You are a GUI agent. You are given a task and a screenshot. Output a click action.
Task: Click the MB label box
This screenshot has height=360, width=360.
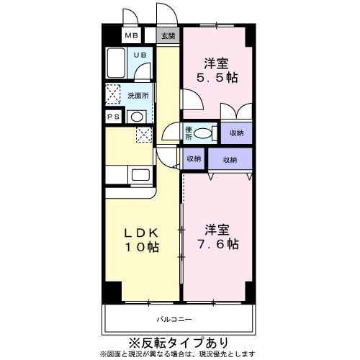click(132, 35)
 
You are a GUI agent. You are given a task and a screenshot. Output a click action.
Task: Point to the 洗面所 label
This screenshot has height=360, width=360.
click(138, 95)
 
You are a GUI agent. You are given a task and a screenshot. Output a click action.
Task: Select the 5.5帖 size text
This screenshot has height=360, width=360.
click(219, 76)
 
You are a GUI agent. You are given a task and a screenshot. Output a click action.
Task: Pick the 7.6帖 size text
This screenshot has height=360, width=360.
click(219, 244)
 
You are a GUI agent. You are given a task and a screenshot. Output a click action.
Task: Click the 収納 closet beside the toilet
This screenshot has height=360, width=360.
click(236, 133)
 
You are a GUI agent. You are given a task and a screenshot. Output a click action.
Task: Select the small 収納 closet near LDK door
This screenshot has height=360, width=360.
click(194, 159)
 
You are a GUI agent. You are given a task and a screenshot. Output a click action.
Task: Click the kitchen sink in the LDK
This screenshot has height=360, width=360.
click(140, 175)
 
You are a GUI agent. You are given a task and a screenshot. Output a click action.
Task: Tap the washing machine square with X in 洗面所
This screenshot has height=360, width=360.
click(114, 94)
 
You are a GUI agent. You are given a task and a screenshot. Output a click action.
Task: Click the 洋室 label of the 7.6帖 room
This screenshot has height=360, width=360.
click(217, 230)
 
